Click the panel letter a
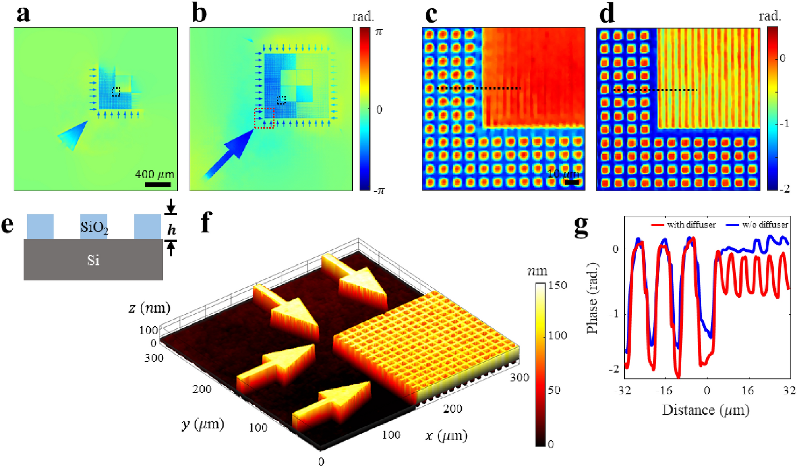23,14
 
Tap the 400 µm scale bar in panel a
158,184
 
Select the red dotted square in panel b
264,118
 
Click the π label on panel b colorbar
379,32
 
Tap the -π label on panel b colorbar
379,191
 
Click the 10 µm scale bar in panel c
572,183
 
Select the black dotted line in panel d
656,90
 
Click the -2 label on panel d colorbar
784,189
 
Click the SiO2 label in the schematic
94,228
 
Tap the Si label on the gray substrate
93,261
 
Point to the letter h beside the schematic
171,229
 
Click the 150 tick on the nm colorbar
557,286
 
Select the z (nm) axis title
149,308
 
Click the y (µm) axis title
203,425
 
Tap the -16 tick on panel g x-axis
664,391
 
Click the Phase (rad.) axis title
592,298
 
